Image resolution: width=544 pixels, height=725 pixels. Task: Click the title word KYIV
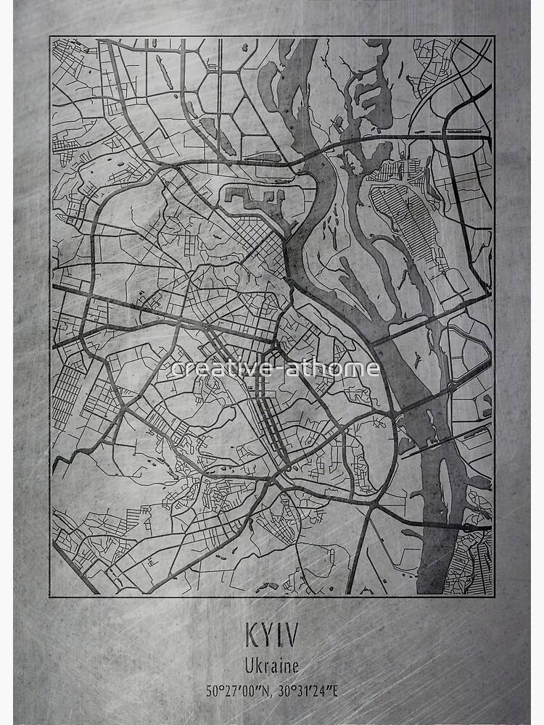(271, 636)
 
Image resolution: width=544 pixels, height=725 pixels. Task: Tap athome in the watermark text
(339, 368)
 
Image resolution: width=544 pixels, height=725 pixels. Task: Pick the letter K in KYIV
(252, 636)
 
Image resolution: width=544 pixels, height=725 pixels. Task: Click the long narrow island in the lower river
(444, 500)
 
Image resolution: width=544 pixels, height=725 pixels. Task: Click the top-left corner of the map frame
(50, 36)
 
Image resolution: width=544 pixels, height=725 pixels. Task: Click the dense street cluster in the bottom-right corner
(475, 562)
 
